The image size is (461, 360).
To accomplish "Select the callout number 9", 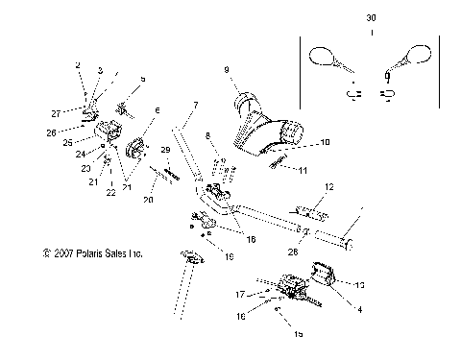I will click(227, 69).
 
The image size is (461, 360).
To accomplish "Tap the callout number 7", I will click(195, 104).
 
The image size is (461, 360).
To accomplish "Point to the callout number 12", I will click(328, 186).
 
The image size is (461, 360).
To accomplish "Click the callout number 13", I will click(333, 284).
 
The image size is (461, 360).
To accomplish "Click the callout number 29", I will click(165, 150).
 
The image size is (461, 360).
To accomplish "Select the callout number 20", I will click(148, 200).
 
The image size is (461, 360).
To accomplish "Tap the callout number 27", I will click(82, 113).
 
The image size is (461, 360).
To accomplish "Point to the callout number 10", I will click(324, 142).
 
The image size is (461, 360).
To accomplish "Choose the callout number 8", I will click(206, 136).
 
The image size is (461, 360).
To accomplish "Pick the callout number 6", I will click(158, 110).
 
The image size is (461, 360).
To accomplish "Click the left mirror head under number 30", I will click(319, 57).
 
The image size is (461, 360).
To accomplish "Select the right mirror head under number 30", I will click(420, 53).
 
